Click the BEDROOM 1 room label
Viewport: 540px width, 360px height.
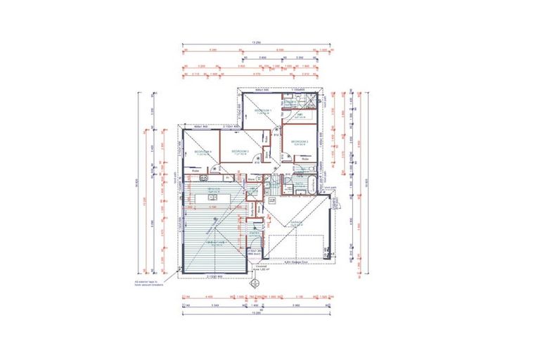tap(262, 112)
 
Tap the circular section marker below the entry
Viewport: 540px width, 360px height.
tap(256, 285)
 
